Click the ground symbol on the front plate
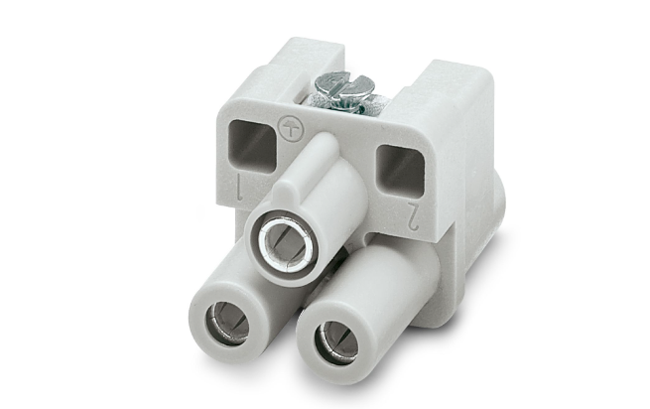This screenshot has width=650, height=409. pos(291,128)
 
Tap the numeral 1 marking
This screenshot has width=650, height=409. pos(239,187)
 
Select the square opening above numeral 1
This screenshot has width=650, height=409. pos(253,144)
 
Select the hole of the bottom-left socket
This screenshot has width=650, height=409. pos(227,324)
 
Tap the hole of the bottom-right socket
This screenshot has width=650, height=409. pos(336,342)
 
